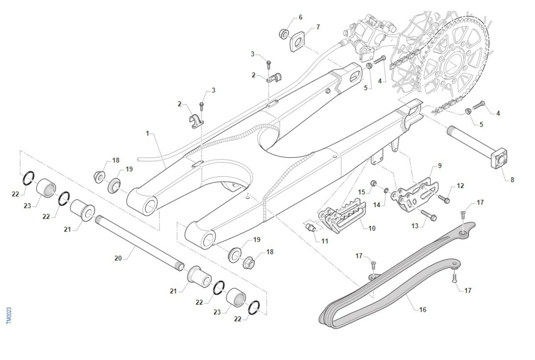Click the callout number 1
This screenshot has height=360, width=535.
point(148,133)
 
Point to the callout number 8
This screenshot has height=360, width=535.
point(512,180)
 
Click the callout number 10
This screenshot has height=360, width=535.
point(372,228)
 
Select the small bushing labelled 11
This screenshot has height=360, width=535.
point(311,229)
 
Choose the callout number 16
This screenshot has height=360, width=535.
point(423,309)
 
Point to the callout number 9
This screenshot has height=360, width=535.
point(440,165)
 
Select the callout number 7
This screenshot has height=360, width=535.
point(318,27)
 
